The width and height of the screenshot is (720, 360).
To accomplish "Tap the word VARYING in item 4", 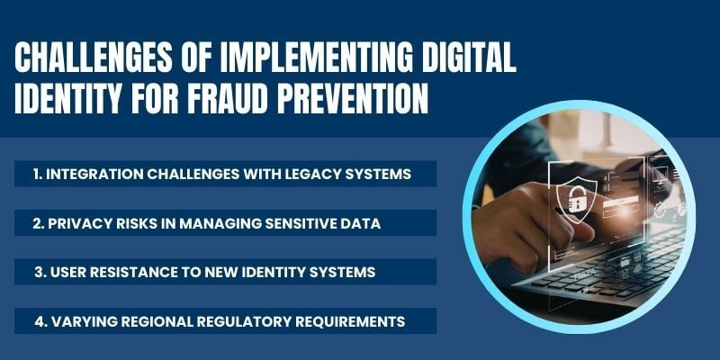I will [83, 320].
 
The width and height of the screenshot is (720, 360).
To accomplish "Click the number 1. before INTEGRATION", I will [37, 174].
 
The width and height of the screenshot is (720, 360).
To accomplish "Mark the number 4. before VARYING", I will [38, 320].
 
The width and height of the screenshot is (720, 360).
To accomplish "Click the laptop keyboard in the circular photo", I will [612, 279].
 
